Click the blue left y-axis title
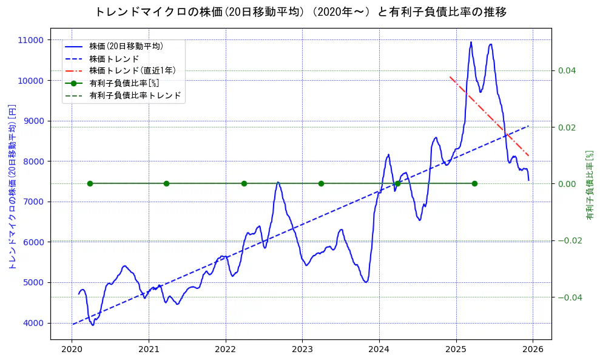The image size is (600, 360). pyautogui.click(x=12, y=186)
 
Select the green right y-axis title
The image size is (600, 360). pyautogui.click(x=589, y=185)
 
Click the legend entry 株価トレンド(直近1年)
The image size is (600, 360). pyautogui.click(x=132, y=71)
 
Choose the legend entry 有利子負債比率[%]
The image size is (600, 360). pyautogui.click(x=124, y=83)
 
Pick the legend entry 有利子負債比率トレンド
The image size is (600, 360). pyautogui.click(x=135, y=96)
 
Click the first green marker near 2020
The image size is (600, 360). pyautogui.click(x=90, y=183)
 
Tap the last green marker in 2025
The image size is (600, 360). pyautogui.click(x=474, y=183)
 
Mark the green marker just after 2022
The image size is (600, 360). pyautogui.click(x=244, y=183)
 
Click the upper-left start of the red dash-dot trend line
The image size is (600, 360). pyautogui.click(x=450, y=77)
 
